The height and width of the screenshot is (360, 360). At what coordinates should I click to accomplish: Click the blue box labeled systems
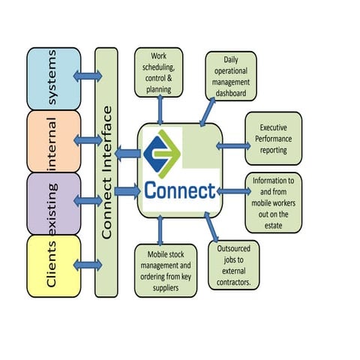point(53,79)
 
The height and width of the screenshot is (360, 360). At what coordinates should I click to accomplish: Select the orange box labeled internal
point(53,141)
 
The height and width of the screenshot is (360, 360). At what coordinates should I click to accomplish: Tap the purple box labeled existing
point(53,202)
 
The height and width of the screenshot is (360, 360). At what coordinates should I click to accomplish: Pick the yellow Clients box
point(53,265)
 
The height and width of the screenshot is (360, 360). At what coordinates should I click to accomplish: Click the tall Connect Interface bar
point(106,172)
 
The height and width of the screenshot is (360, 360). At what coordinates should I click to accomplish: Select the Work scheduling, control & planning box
point(159,73)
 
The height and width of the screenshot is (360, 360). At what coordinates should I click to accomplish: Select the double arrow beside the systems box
point(88,77)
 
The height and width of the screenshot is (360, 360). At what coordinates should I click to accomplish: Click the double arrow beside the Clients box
point(88,263)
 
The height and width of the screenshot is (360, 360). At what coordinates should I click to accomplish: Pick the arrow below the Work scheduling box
point(159,110)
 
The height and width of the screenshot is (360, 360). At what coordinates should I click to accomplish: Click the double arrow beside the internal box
point(88,139)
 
